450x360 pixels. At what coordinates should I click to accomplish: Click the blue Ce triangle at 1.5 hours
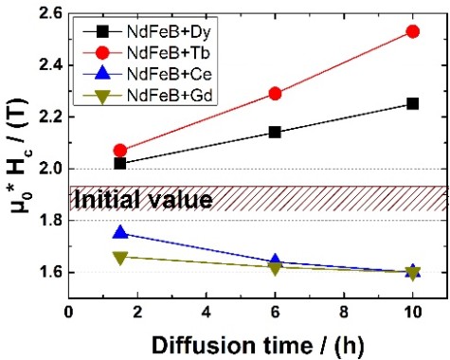(119, 232)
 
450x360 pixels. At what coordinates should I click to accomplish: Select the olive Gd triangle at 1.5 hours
(119, 257)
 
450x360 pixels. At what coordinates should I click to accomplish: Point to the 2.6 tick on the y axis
(48, 14)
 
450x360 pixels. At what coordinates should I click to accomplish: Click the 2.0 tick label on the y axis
(48, 169)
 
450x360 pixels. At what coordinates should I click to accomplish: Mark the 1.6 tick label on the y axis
(48, 272)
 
